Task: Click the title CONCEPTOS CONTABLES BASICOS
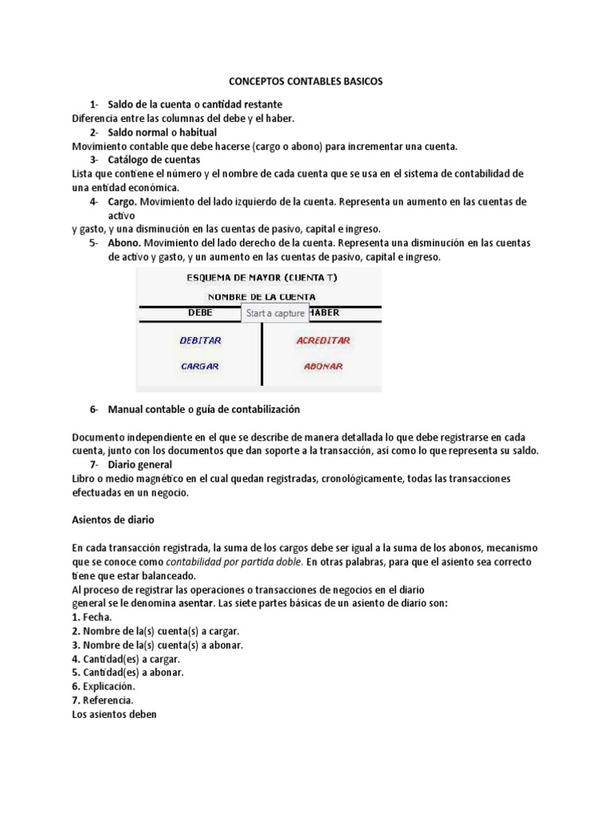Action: pyautogui.click(x=305, y=82)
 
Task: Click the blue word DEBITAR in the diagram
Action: pyautogui.click(x=200, y=340)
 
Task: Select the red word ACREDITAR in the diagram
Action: pyautogui.click(x=323, y=340)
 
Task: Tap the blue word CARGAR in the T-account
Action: pyautogui.click(x=200, y=367)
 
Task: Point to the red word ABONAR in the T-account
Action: pyautogui.click(x=323, y=367)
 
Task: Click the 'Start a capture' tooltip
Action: pyautogui.click(x=275, y=313)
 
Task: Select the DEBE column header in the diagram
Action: pyautogui.click(x=200, y=313)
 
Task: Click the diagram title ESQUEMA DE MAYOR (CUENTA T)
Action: pyautogui.click(x=261, y=277)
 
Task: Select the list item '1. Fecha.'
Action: pyautogui.click(x=92, y=617)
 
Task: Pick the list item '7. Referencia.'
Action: pyautogui.click(x=102, y=700)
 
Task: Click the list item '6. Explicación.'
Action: pyautogui.click(x=104, y=686)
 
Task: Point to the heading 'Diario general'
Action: pyautogui.click(x=140, y=465)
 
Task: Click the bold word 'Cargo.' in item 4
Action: pyautogui.click(x=124, y=202)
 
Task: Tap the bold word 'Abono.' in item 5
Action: pyautogui.click(x=126, y=243)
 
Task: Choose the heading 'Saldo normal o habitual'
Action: pyautogui.click(x=163, y=132)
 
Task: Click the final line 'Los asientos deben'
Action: pyautogui.click(x=115, y=714)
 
